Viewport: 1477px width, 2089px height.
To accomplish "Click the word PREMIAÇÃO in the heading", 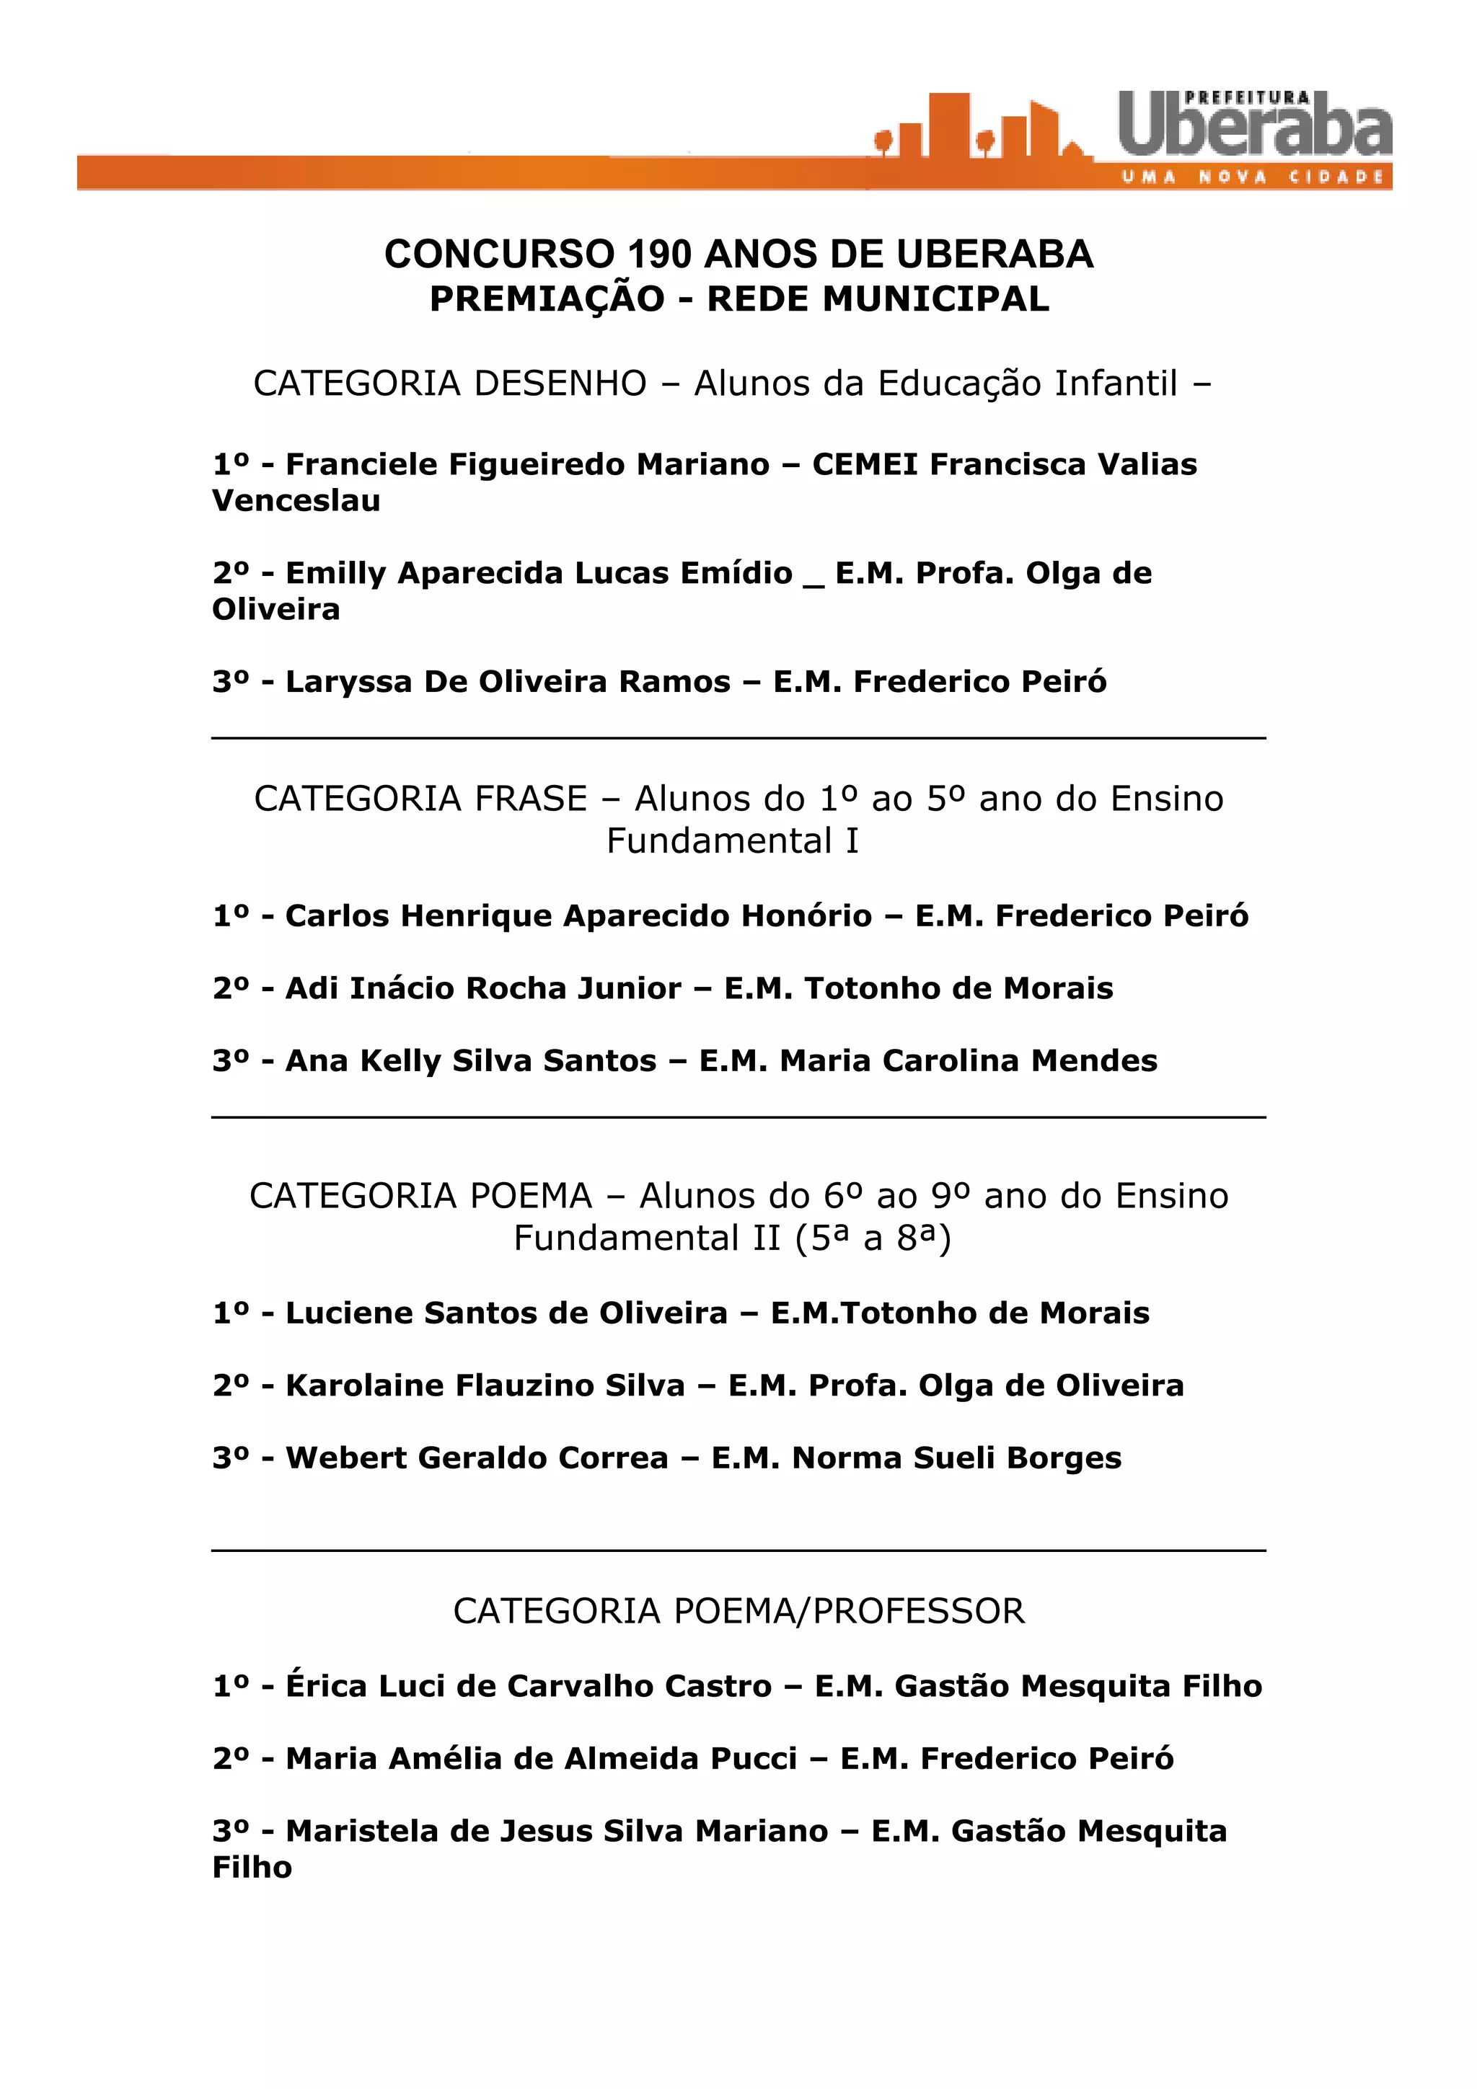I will [x=547, y=299].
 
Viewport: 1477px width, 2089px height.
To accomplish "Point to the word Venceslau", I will [x=296, y=501].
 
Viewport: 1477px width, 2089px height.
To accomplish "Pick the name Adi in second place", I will [x=309, y=988].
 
